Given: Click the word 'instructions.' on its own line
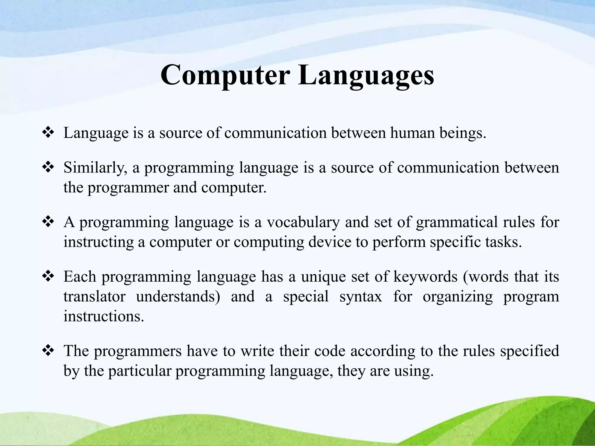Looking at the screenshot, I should pos(104,316).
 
